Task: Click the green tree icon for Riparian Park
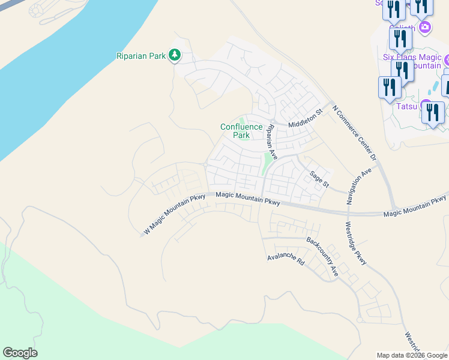tap(175, 56)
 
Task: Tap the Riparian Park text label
tap(140, 56)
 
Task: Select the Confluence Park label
tap(241, 131)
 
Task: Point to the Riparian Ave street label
tap(271, 142)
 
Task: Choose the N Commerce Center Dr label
tap(354, 131)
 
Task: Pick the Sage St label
tap(319, 179)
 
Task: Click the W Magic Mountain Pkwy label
tap(175, 214)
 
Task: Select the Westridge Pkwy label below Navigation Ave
tap(355, 244)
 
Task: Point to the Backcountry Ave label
tap(322, 256)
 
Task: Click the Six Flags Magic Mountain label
tap(412, 61)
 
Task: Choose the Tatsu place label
tap(406, 107)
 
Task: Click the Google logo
tap(20, 353)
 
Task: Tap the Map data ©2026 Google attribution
tap(411, 355)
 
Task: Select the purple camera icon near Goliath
tap(425, 26)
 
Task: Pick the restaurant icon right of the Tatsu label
tap(433, 112)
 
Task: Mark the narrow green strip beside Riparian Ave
tap(265, 163)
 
